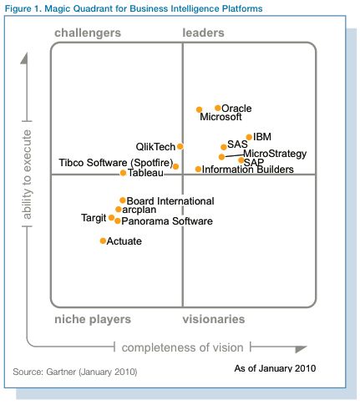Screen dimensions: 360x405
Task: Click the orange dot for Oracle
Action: coord(218,108)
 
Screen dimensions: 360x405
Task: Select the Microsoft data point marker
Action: coord(199,109)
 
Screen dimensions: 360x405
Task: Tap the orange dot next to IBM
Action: coord(249,137)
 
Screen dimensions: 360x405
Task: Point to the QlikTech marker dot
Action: coord(180,146)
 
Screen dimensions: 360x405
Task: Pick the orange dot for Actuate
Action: coord(103,240)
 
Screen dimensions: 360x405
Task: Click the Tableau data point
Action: coord(123,173)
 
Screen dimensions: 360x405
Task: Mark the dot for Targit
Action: coord(111,217)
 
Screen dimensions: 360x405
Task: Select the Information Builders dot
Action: coord(198,169)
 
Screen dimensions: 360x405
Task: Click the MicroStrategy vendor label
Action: coord(275,154)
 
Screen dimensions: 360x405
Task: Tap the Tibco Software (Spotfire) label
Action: coord(116,163)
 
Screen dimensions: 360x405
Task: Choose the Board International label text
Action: coord(170,201)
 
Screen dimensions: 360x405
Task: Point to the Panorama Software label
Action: coord(167,221)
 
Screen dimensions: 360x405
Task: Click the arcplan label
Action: coord(139,210)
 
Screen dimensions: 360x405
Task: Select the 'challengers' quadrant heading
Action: coord(88,33)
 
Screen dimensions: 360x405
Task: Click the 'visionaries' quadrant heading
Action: coord(214,319)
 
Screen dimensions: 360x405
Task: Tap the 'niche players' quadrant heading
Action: coord(93,320)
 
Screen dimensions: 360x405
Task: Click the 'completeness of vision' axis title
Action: coord(183,347)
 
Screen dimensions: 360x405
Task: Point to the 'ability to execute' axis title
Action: coord(27,175)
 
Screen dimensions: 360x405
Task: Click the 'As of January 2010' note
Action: coord(275,368)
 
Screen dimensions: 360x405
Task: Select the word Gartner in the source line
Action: coord(61,372)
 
